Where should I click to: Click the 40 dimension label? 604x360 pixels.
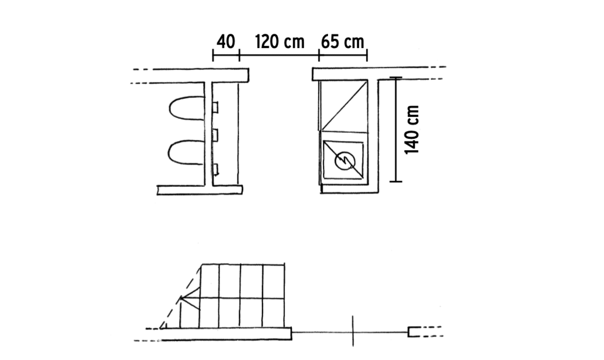[x=226, y=42]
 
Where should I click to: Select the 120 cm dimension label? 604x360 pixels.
[x=280, y=42]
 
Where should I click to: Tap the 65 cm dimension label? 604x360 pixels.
[x=342, y=42]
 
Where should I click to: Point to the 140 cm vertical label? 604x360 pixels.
[x=412, y=129]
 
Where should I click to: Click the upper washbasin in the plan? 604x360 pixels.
[x=170, y=108]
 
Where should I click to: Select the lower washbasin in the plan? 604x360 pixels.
[x=170, y=152]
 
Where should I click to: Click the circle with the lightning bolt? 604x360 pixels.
[x=345, y=161]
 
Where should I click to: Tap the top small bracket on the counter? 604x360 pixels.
[x=216, y=107]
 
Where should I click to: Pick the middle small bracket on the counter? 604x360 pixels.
[x=216, y=136]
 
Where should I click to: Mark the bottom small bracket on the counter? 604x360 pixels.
[x=216, y=169]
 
